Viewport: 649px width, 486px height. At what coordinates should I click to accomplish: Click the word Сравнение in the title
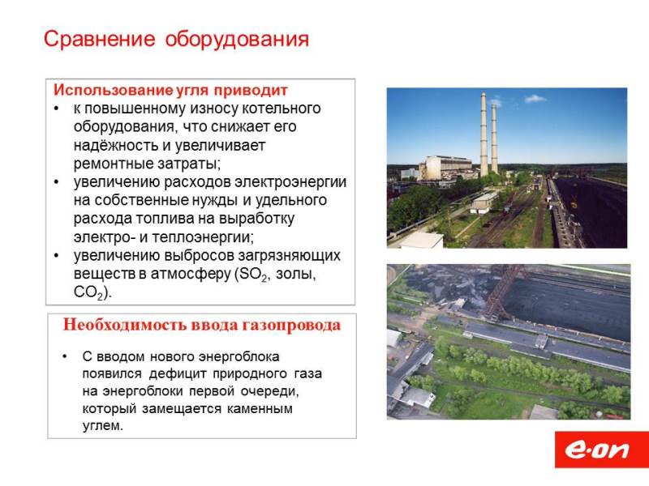coord(99,39)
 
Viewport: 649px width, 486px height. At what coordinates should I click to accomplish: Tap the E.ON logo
coord(601,450)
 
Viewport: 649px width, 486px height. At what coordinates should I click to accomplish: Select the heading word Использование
coord(113,90)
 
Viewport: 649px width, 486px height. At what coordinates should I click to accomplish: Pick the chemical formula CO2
coord(88,292)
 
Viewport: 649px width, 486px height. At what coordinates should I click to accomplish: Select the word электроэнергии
coord(290,182)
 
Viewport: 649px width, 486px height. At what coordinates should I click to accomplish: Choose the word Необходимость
coord(125,325)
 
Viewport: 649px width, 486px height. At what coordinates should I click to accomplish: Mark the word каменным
coord(260,409)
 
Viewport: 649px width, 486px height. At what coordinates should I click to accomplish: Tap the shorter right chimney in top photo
coord(494,139)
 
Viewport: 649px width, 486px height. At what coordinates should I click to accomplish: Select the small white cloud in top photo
coord(535,99)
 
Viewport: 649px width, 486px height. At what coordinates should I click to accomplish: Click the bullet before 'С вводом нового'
coord(65,356)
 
